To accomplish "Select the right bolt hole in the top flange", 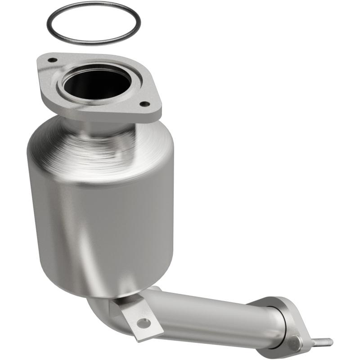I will coord(144,104).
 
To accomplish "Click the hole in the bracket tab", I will coord(144,322).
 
